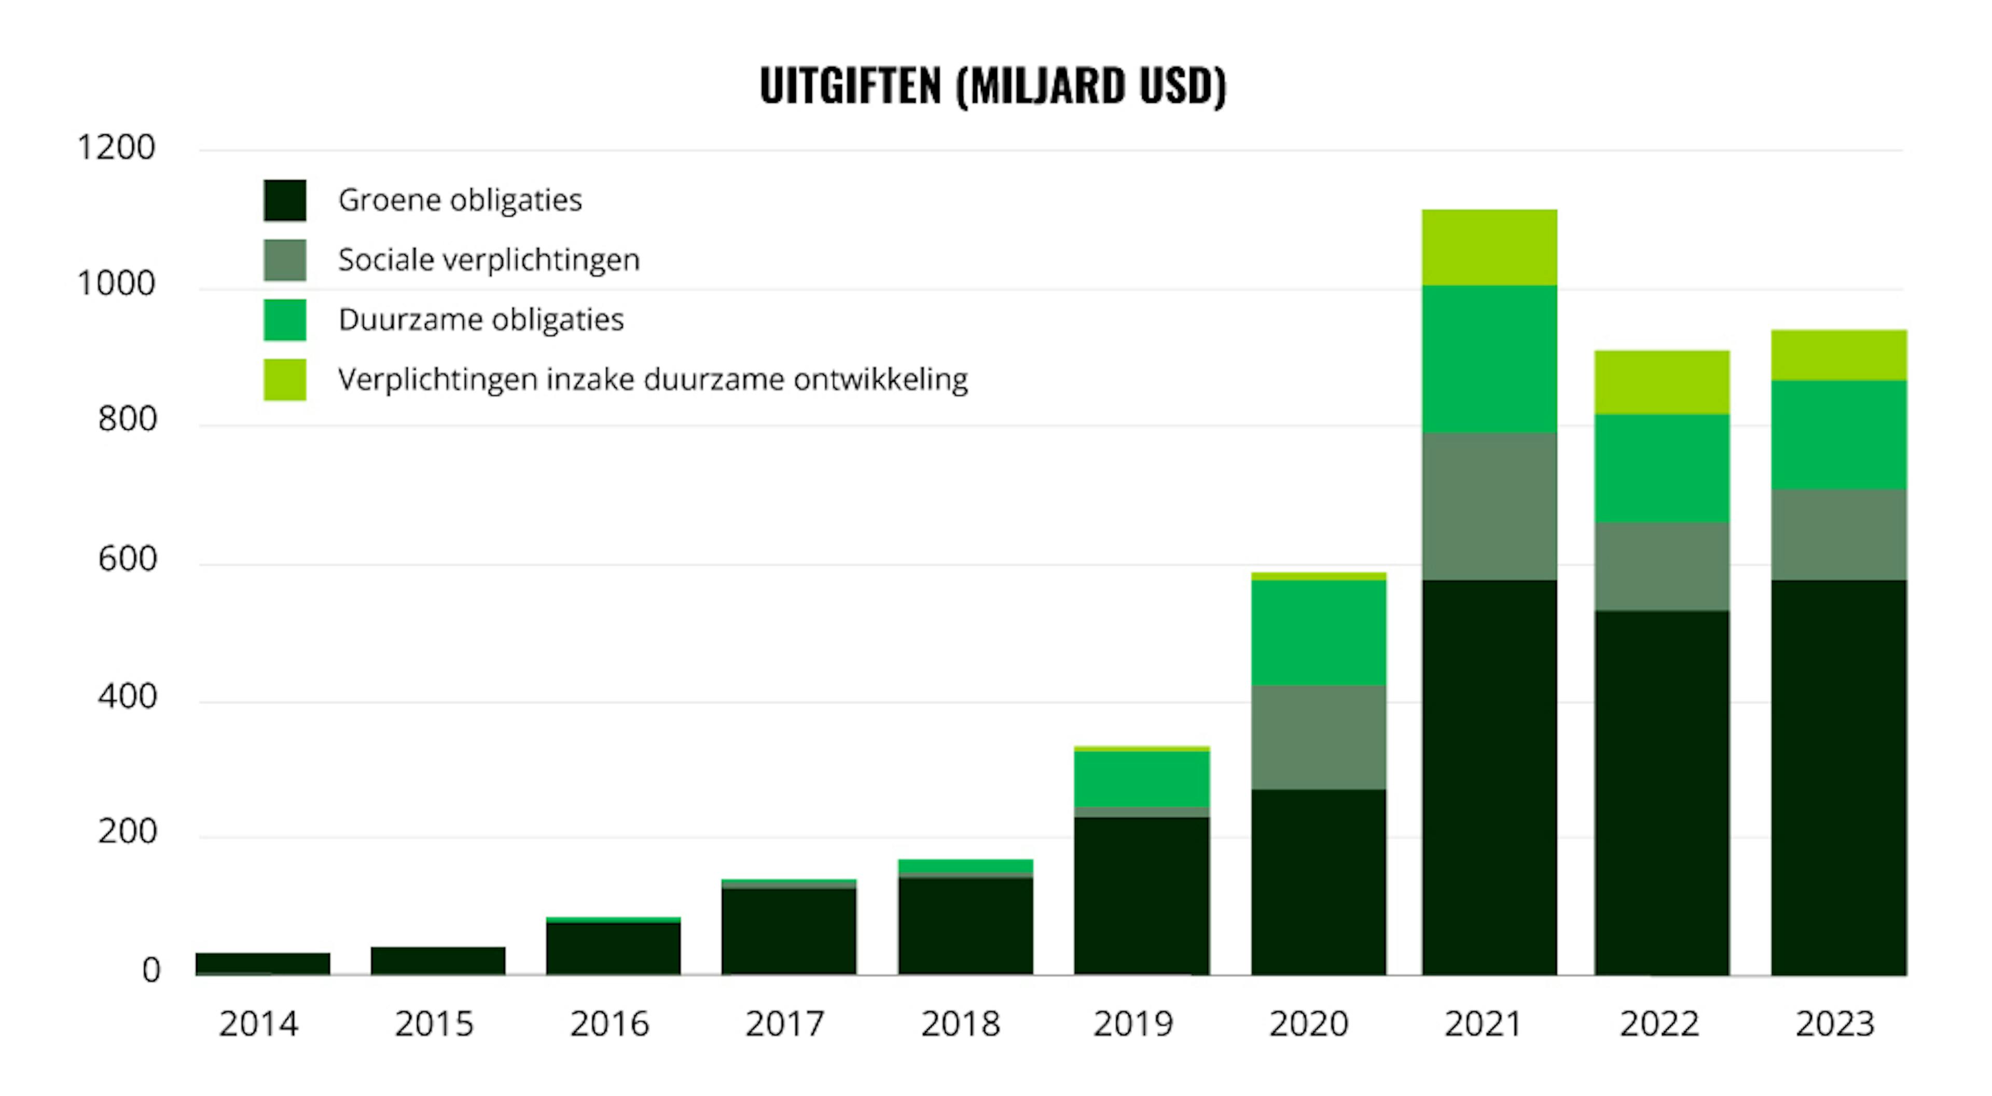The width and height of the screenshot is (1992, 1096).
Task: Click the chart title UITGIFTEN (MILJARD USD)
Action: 993,85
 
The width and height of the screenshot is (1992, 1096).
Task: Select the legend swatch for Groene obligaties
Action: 285,200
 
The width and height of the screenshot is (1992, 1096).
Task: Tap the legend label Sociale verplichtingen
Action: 489,260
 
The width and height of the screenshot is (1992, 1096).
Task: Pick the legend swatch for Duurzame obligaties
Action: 285,320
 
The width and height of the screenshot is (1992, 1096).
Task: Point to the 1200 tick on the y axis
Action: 116,147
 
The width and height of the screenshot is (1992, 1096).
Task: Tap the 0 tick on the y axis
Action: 151,970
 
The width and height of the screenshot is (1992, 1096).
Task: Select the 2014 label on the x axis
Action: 258,1024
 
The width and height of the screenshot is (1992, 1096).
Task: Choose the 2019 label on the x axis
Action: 1133,1024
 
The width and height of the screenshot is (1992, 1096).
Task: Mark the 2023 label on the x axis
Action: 1835,1024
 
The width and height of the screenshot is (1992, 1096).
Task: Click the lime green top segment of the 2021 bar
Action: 1489,248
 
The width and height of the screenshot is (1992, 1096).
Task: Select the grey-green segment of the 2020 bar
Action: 1319,737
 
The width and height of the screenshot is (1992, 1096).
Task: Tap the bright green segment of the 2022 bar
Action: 1662,469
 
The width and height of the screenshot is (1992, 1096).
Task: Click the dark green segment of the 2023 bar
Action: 1839,777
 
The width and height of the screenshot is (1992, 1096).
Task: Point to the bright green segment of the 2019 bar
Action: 1141,779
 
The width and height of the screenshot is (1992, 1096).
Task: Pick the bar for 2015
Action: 438,961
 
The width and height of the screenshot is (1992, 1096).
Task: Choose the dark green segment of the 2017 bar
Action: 789,931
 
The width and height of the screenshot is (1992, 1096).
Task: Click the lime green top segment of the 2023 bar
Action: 1839,355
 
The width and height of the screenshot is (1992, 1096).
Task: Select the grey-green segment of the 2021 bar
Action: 1489,506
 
